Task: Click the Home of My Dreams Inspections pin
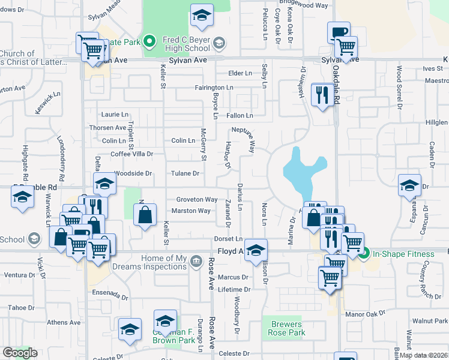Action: [x=196, y=262]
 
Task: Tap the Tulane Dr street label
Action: [x=187, y=173]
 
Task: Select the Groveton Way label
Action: [x=196, y=199]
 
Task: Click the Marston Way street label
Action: [x=191, y=211]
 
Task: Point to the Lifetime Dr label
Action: [x=234, y=289]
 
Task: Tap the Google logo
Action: [x=20, y=353]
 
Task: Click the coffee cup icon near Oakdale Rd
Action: [x=339, y=32]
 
